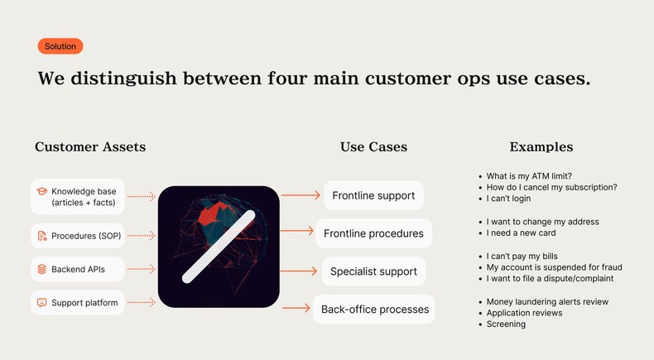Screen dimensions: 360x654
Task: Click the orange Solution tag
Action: tap(60, 46)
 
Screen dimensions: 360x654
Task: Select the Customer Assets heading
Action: tap(90, 147)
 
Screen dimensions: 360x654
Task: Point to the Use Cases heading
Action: tap(373, 147)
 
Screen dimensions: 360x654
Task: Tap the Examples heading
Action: tap(541, 147)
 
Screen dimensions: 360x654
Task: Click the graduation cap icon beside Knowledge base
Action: tap(41, 191)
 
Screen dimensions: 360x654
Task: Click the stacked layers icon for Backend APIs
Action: tap(41, 269)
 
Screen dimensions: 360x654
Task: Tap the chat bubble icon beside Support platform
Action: tap(41, 303)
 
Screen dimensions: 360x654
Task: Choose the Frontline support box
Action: tap(373, 196)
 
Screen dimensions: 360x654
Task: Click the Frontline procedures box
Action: tap(373, 233)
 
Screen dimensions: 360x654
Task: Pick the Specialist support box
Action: tap(373, 271)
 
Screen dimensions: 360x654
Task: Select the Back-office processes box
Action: tap(374, 310)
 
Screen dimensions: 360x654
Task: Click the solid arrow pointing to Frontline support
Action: tap(301, 196)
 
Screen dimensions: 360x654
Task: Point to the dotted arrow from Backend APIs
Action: tap(142, 269)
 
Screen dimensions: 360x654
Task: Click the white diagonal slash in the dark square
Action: tap(219, 247)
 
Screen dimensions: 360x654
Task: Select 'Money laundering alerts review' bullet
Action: tap(547, 302)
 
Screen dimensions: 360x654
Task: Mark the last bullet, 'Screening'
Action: tap(506, 324)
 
